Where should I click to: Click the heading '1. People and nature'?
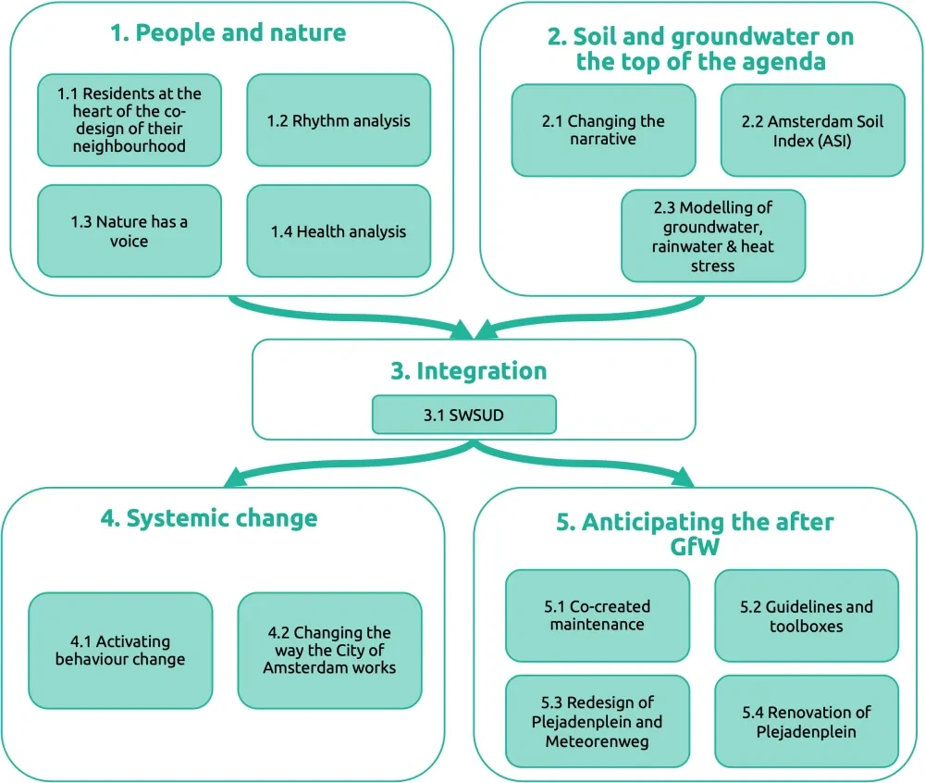pyautogui.click(x=228, y=33)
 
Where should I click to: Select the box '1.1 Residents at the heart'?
pyautogui.click(x=129, y=120)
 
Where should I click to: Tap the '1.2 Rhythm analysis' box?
pyautogui.click(x=339, y=120)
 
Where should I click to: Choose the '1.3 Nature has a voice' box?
pyautogui.click(x=129, y=231)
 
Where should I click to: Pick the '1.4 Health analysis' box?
pyautogui.click(x=339, y=231)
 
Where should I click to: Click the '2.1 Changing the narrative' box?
pyautogui.click(x=603, y=130)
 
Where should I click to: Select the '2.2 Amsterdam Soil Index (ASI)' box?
pyautogui.click(x=812, y=130)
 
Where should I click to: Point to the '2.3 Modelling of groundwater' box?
pyautogui.click(x=713, y=236)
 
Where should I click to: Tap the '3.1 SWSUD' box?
pyautogui.click(x=463, y=415)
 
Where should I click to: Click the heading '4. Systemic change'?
pyautogui.click(x=208, y=518)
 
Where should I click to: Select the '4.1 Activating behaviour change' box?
pyautogui.click(x=120, y=651)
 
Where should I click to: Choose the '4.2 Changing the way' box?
pyautogui.click(x=329, y=651)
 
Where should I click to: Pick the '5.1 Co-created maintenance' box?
pyautogui.click(x=598, y=615)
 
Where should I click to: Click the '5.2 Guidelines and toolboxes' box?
pyautogui.click(x=807, y=615)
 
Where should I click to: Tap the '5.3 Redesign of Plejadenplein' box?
pyautogui.click(x=598, y=721)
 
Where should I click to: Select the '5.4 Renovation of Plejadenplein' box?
pyautogui.click(x=807, y=721)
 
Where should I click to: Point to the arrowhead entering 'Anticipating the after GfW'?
pyautogui.click(x=683, y=478)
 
